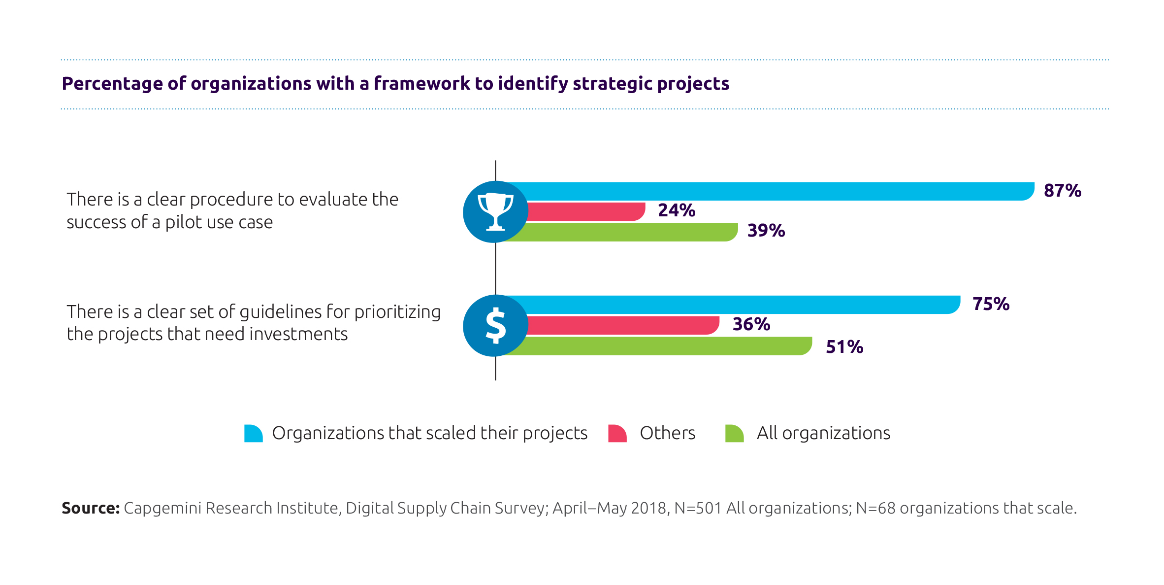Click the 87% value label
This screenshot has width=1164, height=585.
pos(1062,191)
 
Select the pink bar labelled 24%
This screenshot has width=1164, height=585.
pos(586,211)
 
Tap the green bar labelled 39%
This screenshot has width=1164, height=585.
pos(630,232)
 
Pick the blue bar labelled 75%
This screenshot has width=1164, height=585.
pos(739,305)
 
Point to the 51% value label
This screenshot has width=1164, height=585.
pos(844,347)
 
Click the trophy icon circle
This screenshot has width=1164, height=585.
pos(495,212)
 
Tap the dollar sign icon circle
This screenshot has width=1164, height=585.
pos(495,326)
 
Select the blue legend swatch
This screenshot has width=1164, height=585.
pos(253,433)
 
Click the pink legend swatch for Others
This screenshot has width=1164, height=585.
pos(617,433)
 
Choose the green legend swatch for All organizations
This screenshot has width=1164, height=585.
pos(734,433)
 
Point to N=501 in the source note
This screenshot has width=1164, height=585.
pos(698,508)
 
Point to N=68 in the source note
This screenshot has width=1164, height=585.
pos(875,508)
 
